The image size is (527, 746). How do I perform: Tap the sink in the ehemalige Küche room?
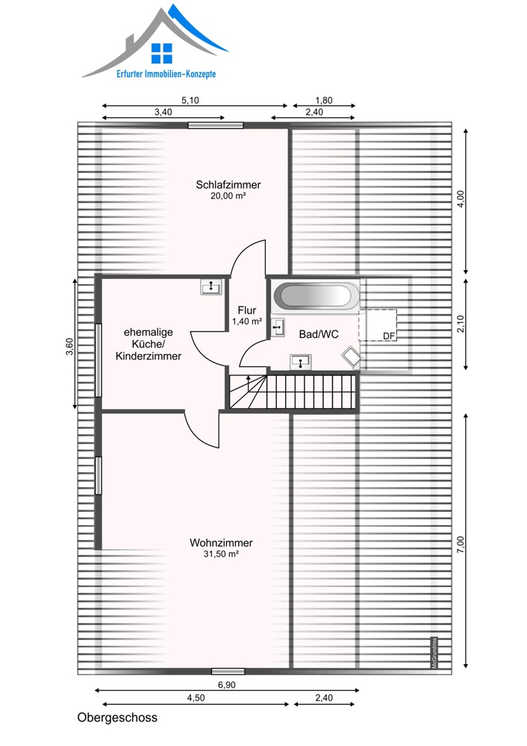click(x=211, y=287)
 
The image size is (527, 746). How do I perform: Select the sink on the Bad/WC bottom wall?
click(x=301, y=362)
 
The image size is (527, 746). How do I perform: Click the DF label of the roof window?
click(x=389, y=336)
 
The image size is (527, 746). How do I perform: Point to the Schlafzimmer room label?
click(x=228, y=184)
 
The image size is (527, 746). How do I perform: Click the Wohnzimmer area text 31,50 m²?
click(x=221, y=554)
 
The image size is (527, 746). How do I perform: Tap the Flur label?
click(x=247, y=310)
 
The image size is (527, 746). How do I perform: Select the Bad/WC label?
click(x=319, y=334)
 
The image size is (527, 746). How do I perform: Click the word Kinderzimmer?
click(x=149, y=356)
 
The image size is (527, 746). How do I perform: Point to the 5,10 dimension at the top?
click(x=190, y=101)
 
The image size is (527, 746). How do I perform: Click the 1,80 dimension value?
click(x=324, y=101)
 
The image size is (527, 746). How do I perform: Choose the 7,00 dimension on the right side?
click(x=460, y=545)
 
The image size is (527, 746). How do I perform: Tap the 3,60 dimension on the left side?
click(x=69, y=346)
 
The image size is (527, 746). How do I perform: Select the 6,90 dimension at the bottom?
click(x=227, y=685)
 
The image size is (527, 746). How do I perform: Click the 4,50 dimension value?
click(x=196, y=698)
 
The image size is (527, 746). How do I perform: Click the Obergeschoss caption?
click(x=117, y=718)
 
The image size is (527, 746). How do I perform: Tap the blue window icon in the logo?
click(x=162, y=53)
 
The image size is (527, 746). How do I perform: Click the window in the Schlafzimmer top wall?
click(x=216, y=125)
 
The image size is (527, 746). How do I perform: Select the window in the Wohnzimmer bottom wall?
click(x=228, y=671)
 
